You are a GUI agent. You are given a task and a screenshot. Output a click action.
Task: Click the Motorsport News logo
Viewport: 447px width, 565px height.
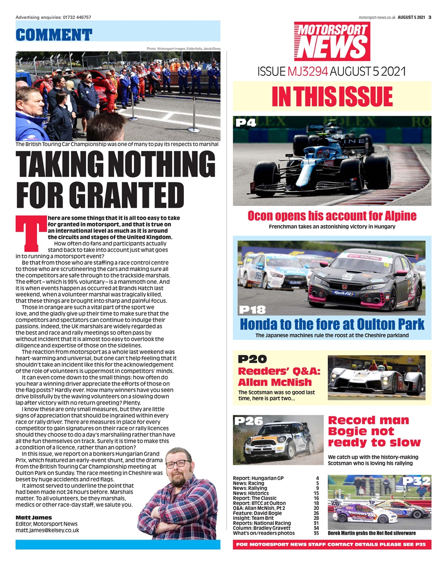click(332, 41)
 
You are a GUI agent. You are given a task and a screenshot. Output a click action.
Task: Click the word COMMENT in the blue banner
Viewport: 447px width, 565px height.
click(54, 34)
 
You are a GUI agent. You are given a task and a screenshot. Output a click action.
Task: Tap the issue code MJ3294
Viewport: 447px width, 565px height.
click(307, 71)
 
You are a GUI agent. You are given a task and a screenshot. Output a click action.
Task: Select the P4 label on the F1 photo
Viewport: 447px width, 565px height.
click(246, 122)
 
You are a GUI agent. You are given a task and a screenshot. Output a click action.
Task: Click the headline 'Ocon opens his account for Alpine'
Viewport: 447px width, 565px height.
click(332, 216)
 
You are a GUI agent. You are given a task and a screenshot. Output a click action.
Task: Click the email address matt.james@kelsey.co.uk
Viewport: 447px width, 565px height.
click(47, 530)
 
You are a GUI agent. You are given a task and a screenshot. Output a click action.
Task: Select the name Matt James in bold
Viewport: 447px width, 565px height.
click(34, 517)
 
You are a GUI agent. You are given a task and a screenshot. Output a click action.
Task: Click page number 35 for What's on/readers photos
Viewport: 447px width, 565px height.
click(316, 533)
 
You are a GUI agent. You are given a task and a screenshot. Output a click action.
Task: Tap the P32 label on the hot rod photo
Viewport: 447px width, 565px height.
click(416, 481)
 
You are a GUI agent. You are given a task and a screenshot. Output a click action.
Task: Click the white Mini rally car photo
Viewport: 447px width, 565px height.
click(278, 439)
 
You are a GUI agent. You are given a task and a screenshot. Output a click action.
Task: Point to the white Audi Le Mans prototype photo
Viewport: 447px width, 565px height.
click(377, 375)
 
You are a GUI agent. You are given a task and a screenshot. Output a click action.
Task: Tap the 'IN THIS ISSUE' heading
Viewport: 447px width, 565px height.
click(332, 96)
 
